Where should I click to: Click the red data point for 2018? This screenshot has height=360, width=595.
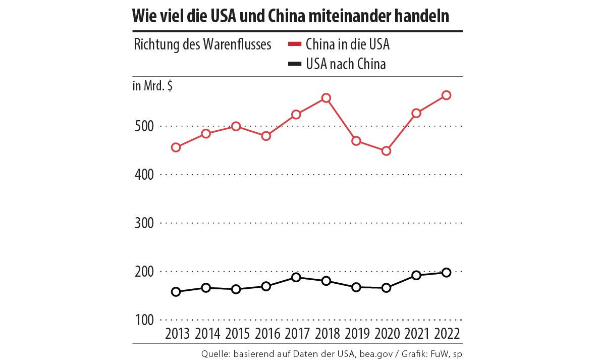(326, 98)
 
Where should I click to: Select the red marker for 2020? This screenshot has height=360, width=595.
(387, 151)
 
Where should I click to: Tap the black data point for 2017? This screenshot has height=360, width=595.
(296, 277)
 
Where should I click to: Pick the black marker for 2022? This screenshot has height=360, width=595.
(446, 273)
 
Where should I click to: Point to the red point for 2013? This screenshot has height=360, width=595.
(176, 147)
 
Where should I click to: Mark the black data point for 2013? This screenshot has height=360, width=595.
(176, 292)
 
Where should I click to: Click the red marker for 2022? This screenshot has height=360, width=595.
(446, 95)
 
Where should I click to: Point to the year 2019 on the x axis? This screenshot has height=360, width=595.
(356, 334)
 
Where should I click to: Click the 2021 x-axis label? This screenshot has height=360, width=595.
(416, 334)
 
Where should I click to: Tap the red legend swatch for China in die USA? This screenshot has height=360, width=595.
(294, 44)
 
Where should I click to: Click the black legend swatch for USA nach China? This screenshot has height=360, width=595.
(294, 64)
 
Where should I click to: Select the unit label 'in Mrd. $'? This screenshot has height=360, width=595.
(152, 86)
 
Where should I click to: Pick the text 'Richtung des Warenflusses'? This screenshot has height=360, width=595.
(202, 44)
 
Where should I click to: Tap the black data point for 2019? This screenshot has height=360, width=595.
(356, 287)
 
